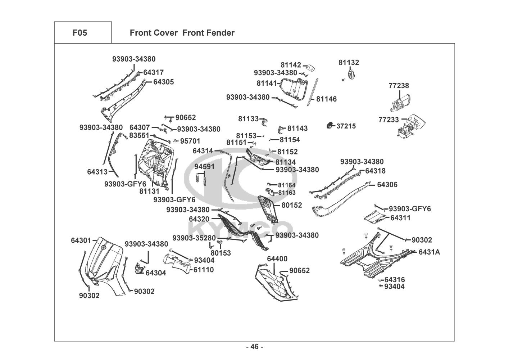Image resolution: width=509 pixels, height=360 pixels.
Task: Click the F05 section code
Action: click(79, 33)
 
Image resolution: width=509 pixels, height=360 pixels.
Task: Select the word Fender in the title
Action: click(221, 33)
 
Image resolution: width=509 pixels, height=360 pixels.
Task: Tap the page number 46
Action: click(255, 347)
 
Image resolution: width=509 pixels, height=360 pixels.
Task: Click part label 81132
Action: click(349, 63)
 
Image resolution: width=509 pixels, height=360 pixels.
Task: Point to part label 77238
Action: click(399, 86)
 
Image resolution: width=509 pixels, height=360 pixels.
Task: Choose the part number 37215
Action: click(346, 126)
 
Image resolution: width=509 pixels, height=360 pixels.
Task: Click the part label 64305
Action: click(163, 82)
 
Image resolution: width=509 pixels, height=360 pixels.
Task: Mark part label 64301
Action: click(81, 240)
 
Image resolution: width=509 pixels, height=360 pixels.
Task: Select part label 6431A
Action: click(429, 252)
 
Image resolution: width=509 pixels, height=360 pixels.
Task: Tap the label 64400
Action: click(277, 259)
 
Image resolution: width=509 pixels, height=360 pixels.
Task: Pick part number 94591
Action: click(204, 166)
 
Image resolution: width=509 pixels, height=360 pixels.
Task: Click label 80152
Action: click(292, 205)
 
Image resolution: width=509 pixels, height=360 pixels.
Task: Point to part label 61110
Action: click(204, 270)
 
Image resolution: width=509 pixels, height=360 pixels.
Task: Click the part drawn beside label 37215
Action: click(329, 126)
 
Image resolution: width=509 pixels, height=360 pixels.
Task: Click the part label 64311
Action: click(400, 218)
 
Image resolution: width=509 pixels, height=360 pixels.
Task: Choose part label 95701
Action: click(190, 141)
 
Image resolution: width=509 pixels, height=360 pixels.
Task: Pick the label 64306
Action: click(387, 185)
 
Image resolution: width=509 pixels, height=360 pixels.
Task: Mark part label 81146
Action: click(327, 99)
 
